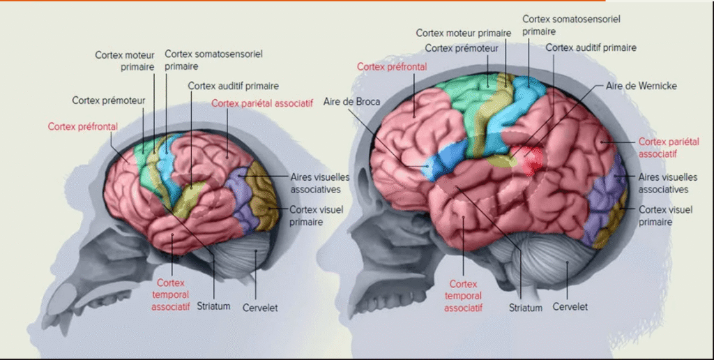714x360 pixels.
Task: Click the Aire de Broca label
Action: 351,102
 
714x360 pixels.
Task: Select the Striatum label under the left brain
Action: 213,306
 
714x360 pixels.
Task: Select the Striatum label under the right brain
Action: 525,307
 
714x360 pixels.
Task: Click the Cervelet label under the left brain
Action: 259,307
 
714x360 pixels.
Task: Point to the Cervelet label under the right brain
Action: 570,306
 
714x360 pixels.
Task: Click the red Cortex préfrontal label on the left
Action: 82,126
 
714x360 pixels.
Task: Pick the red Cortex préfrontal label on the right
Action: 391,66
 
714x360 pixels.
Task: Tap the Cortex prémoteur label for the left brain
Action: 108,100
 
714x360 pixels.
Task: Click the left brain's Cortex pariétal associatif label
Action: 261,103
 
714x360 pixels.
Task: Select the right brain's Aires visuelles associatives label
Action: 663,183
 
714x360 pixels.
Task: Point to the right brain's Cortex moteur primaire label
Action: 463,33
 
